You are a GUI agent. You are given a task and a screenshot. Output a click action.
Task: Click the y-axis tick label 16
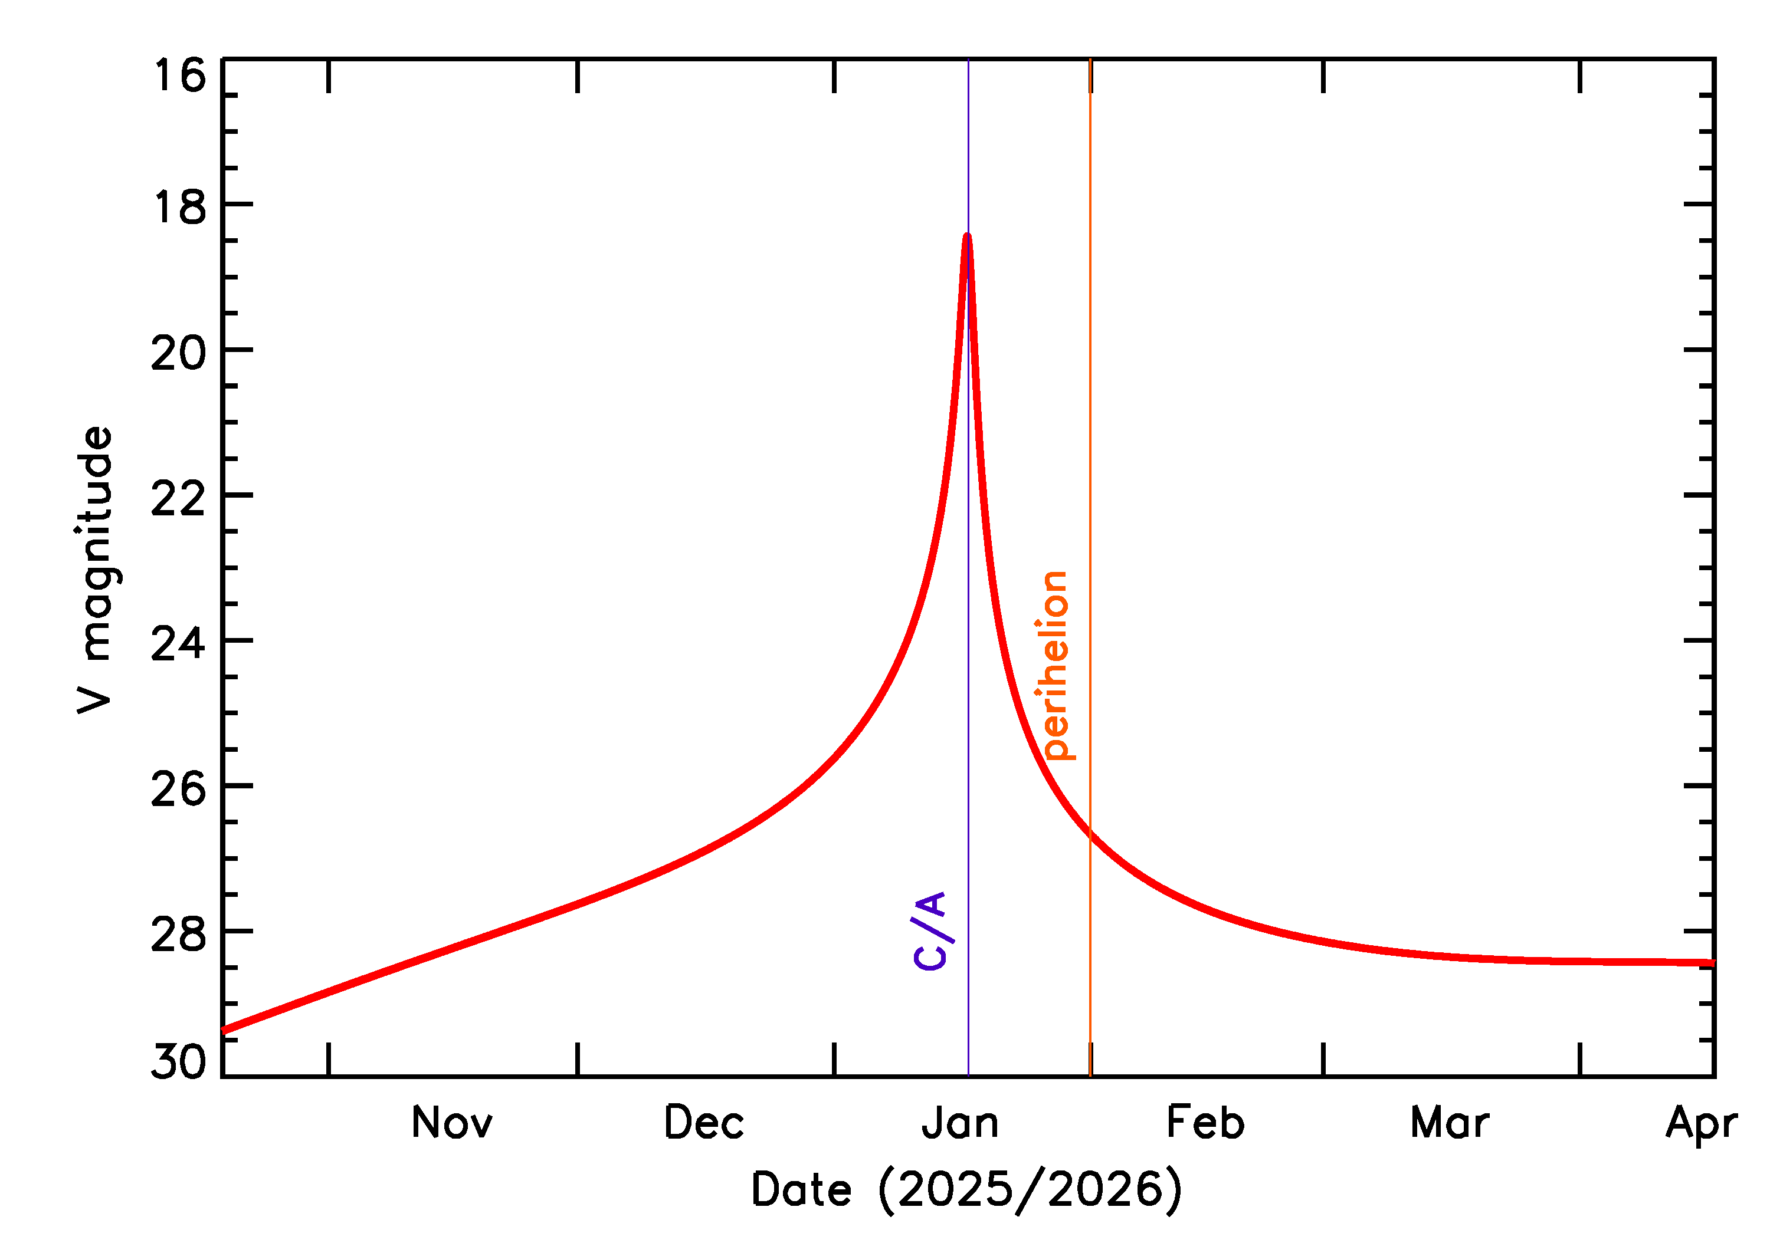(x=180, y=77)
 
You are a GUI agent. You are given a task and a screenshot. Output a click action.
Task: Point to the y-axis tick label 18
(x=180, y=208)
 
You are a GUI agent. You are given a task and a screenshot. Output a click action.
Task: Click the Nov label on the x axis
(x=451, y=1123)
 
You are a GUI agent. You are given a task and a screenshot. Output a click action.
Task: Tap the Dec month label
(x=703, y=1123)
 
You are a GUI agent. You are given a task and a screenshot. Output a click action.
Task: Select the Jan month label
(x=961, y=1123)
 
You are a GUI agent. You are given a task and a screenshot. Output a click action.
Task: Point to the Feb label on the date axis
(x=1205, y=1123)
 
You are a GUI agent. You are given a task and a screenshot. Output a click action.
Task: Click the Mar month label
(x=1449, y=1123)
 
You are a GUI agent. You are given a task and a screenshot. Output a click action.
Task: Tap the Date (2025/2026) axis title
(x=966, y=1190)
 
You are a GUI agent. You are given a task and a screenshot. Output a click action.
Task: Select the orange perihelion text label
(x=1055, y=665)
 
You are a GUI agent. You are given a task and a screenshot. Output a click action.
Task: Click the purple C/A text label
(x=929, y=930)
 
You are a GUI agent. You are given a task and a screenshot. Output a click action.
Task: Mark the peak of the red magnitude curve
(x=967, y=235)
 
